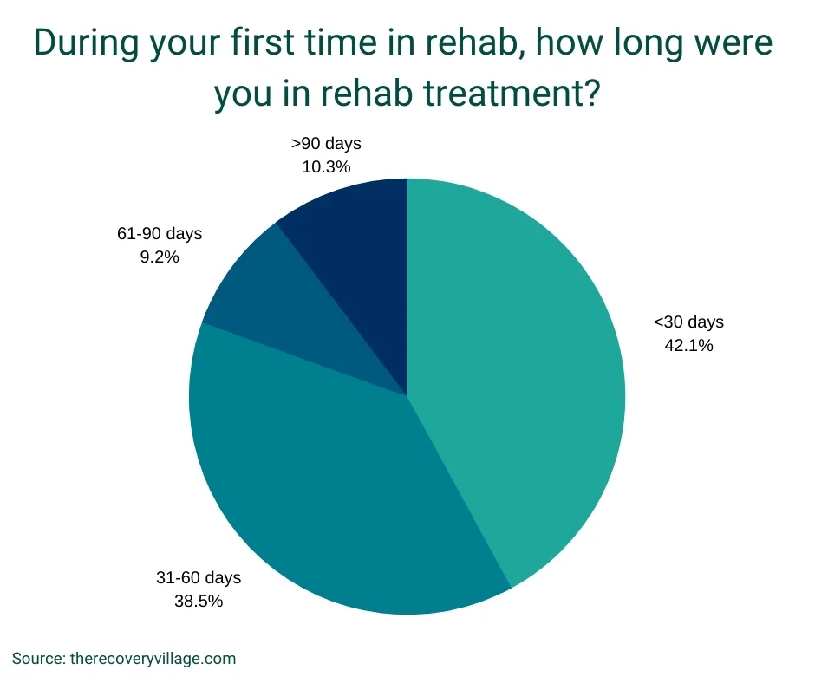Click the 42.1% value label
pyautogui.click(x=688, y=345)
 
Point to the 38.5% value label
pyautogui.click(x=199, y=601)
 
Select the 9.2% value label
pyautogui.click(x=160, y=257)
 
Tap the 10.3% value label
pyautogui.click(x=326, y=167)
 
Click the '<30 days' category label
pyautogui.click(x=688, y=322)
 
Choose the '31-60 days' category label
pyautogui.click(x=199, y=578)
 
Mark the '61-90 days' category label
pyautogui.click(x=160, y=234)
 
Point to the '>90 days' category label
pyautogui.click(x=326, y=144)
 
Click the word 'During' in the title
pyautogui.click(x=87, y=42)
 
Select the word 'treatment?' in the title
pyautogui.click(x=512, y=93)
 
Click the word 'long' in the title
pyautogui.click(x=649, y=43)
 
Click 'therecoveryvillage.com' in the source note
pyautogui.click(x=153, y=659)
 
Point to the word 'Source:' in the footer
pyautogui.click(x=38, y=659)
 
